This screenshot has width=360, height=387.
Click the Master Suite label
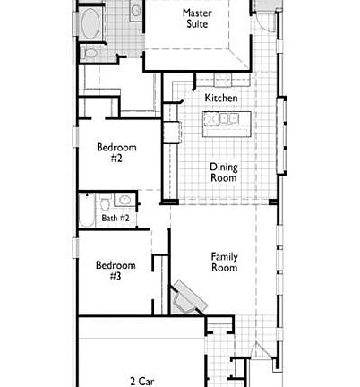(197, 19)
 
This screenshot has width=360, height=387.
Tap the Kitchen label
(220, 97)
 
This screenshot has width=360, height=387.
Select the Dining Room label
(224, 172)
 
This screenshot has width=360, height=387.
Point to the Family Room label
(224, 262)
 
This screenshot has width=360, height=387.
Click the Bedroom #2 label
(116, 153)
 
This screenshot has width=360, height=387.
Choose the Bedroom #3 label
(116, 271)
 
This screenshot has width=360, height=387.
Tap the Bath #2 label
(116, 218)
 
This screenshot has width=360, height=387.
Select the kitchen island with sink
(223, 120)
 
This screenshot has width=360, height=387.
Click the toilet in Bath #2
(105, 202)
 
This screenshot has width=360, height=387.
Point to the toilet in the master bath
(90, 54)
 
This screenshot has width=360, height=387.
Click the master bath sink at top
(135, 11)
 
